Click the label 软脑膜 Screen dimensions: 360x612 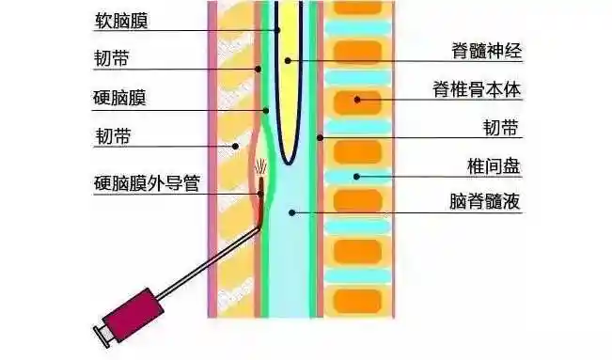[x=125, y=20]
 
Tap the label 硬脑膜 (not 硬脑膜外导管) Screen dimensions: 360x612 [x=125, y=98]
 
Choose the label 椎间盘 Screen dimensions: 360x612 [x=494, y=167]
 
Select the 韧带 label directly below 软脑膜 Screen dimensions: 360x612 [x=113, y=59]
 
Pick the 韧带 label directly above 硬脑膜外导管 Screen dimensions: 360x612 [x=113, y=137]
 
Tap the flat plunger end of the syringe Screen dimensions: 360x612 [x=101, y=333]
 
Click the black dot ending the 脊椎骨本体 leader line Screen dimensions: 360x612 [x=356, y=99]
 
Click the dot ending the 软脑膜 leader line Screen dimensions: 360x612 [x=278, y=30]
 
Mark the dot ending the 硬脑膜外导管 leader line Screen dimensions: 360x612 [x=260, y=194]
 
